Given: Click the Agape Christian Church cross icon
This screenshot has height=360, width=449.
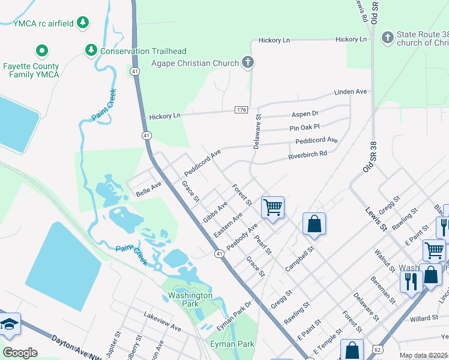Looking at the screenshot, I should pos(247,62).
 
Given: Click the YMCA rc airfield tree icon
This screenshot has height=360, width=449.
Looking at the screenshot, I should pos(83,23).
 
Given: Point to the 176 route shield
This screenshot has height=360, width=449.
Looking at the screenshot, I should pos(241,109).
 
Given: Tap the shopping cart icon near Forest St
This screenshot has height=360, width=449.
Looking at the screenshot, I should pos(273,208).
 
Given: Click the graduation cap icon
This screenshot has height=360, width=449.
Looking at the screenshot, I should pos(9,325).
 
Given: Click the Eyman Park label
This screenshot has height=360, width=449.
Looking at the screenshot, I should pos(232,344).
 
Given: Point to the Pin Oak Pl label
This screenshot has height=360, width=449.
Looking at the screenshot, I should pos(304,127).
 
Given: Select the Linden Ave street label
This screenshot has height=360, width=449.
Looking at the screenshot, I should pos(350,92).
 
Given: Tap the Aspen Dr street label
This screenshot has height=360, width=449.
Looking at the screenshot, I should pos(305,114).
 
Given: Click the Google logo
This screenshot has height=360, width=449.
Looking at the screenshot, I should pos(20,352).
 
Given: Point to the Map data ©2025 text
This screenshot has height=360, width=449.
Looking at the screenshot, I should pos(423,355).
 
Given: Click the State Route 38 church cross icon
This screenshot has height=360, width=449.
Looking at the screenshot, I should pos(388,38).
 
